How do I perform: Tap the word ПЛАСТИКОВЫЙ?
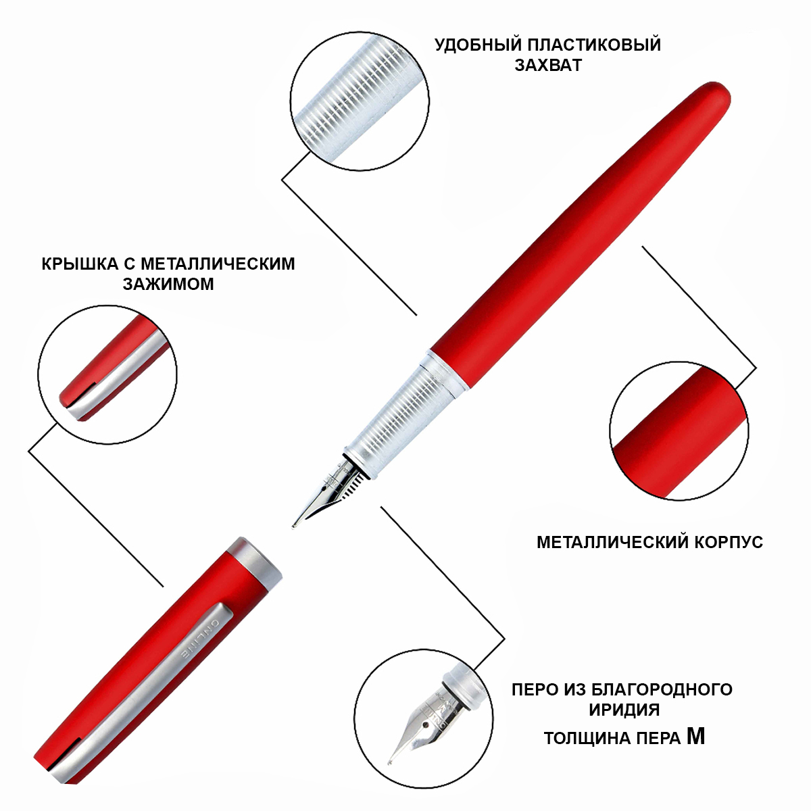click(594, 45)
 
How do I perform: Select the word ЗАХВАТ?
click(548, 66)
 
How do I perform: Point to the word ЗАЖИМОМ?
click(168, 284)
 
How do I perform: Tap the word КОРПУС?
click(728, 542)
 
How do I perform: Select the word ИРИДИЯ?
click(624, 710)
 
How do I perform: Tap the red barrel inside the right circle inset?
click(679, 431)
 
